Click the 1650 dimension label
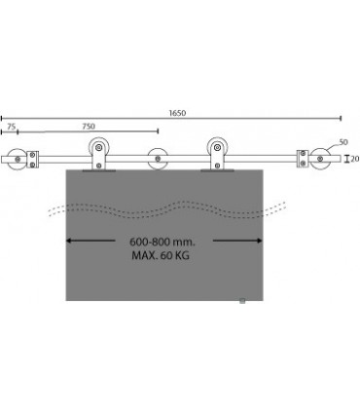tap(177, 113)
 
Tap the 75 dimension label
tap(12, 127)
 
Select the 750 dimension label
tap(89, 127)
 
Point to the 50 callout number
tap(343, 142)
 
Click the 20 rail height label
tap(355, 159)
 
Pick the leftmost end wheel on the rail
tap(17, 159)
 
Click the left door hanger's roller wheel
tap(99, 147)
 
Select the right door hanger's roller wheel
tap(217, 147)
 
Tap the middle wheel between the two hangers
tap(158, 159)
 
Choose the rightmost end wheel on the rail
tap(319, 159)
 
